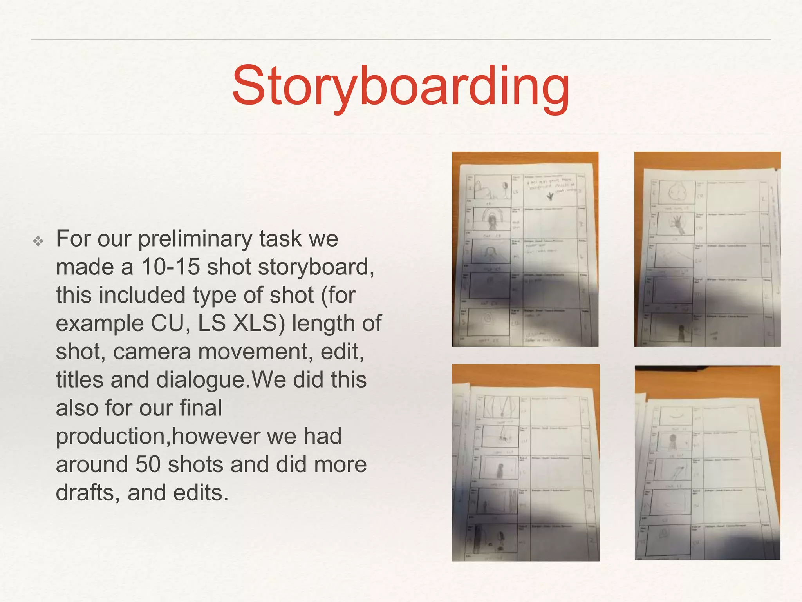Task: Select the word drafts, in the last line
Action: (88, 493)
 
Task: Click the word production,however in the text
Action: (199, 436)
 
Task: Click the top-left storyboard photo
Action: (525, 249)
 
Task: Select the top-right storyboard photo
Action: (707, 249)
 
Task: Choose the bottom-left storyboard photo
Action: (526, 462)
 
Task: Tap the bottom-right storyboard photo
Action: (707, 462)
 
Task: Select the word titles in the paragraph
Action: (80, 380)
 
